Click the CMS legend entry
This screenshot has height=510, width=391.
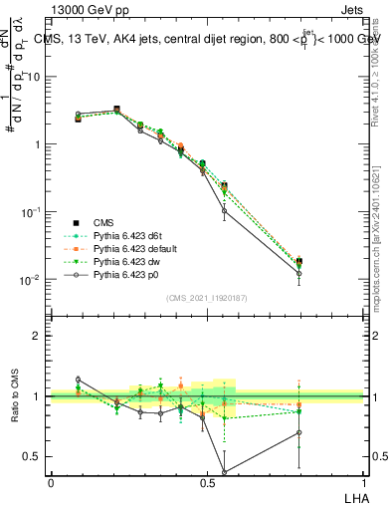coord(106,223)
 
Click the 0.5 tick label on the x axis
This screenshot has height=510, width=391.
coord(206,482)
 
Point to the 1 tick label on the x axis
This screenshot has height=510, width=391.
coord(362,482)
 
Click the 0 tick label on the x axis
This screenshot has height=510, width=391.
coord(51,482)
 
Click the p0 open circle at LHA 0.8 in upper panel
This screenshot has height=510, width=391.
coord(299,273)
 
